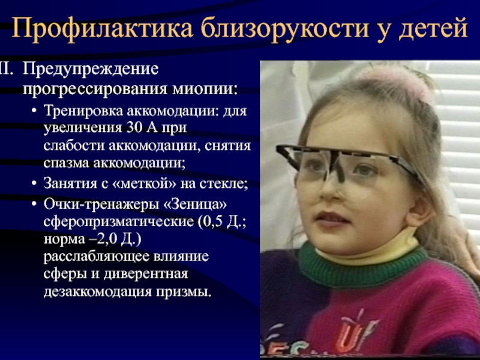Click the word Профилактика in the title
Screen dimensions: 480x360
pos(102,28)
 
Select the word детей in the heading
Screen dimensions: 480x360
pos(433,28)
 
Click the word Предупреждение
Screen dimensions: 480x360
pos(91,69)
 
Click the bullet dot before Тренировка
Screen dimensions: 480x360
pos(34,110)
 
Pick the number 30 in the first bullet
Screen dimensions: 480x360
pos(134,127)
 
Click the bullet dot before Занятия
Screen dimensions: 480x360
pos(34,183)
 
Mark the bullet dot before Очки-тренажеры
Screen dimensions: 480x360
pos(34,203)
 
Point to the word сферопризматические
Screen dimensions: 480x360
pos(118,221)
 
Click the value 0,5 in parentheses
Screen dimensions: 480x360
pos(212,221)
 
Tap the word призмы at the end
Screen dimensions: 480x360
pos(184,292)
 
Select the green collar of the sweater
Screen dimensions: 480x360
pos(361,269)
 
